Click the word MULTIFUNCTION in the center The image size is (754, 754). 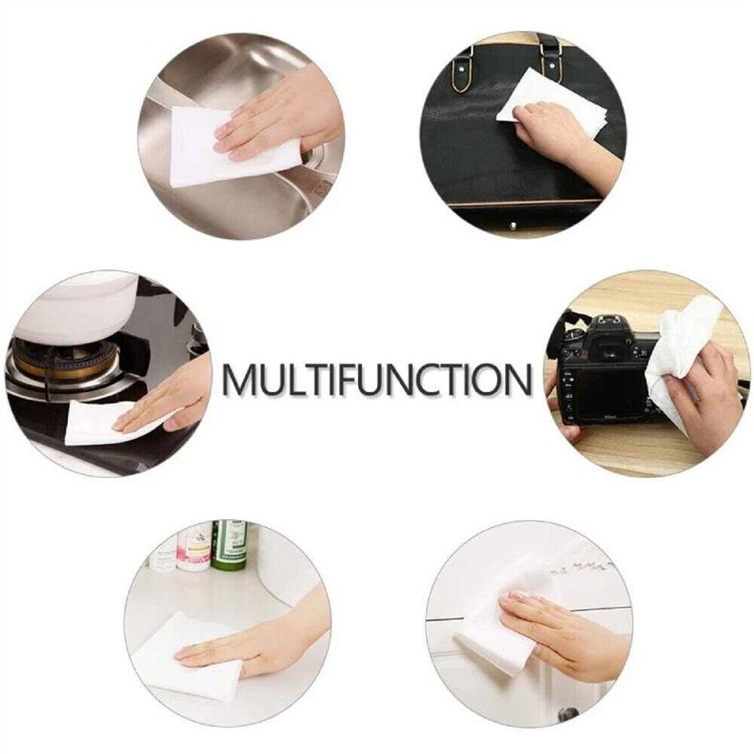click(x=378, y=379)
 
